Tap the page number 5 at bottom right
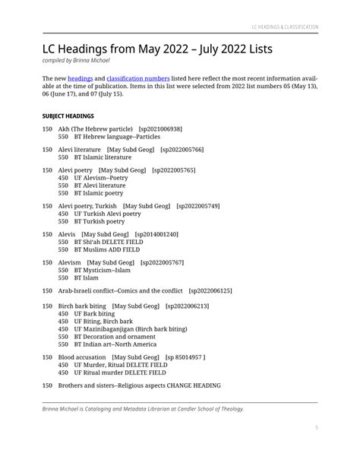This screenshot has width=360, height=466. pos(316,428)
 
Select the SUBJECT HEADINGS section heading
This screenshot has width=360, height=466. pos(68,116)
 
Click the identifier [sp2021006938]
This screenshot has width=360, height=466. pos(160,129)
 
